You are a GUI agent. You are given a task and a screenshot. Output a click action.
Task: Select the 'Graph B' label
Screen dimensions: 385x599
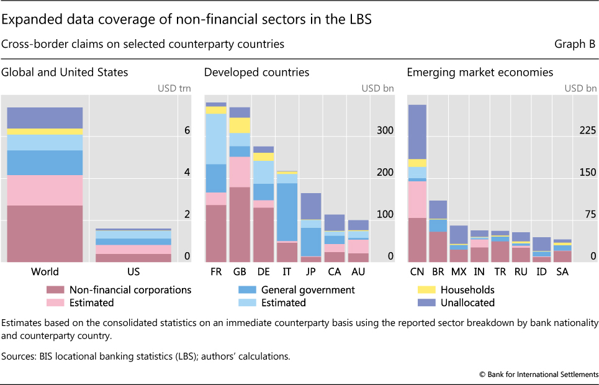575,44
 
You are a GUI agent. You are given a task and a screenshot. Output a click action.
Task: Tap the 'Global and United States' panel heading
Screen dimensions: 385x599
65,72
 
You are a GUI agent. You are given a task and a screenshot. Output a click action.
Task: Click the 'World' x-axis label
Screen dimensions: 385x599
45,271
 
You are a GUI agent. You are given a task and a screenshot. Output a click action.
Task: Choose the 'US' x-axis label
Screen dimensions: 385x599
133,271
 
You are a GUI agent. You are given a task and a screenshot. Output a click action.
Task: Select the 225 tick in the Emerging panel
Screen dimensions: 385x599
588,130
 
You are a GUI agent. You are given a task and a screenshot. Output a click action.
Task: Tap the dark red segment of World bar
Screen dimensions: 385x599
45,233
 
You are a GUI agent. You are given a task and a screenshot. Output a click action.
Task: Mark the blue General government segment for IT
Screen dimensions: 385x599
287,212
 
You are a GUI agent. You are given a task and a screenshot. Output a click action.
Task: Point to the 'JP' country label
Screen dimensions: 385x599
310,271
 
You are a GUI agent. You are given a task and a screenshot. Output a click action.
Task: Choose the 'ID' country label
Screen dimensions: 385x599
541,271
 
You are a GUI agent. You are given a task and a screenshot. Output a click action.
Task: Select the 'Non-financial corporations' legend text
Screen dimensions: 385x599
130,289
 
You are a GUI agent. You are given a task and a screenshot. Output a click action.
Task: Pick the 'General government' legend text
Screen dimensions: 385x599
308,289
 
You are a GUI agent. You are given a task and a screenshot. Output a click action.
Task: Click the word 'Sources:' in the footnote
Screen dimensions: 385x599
21,356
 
